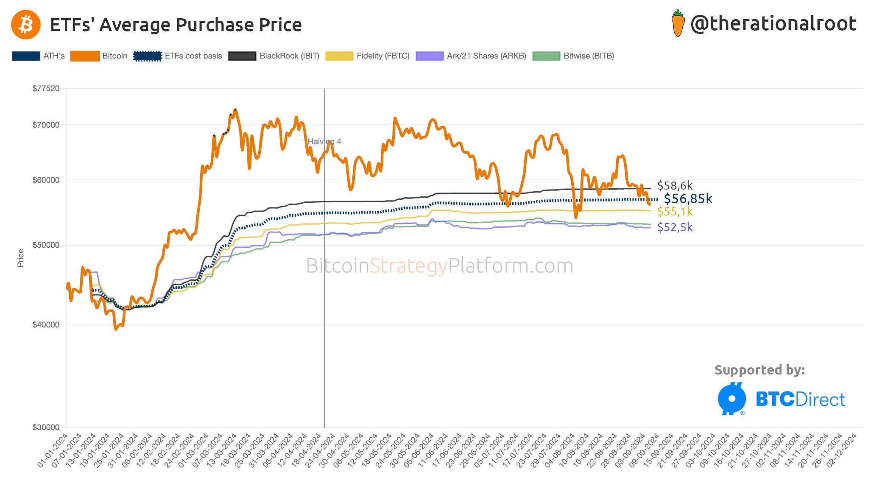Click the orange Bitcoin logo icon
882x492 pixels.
pyautogui.click(x=26, y=25)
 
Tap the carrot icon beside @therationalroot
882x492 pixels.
pyautogui.click(x=678, y=24)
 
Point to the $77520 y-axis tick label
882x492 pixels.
pyautogui.click(x=46, y=88)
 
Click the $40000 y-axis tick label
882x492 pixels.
pyautogui.click(x=46, y=324)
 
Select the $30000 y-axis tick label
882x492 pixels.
pyautogui.click(x=46, y=427)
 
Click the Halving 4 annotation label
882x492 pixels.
pyautogui.click(x=324, y=141)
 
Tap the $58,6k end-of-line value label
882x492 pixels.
pyautogui.click(x=675, y=185)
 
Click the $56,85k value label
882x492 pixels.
pyautogui.click(x=688, y=198)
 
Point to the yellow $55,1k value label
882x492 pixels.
pyautogui.click(x=675, y=211)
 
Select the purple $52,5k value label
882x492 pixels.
pyautogui.click(x=675, y=227)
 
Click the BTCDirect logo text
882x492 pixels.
pyautogui.click(x=800, y=400)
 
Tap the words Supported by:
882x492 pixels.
pyautogui.click(x=759, y=370)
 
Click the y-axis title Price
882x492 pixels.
pyautogui.click(x=20, y=258)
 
